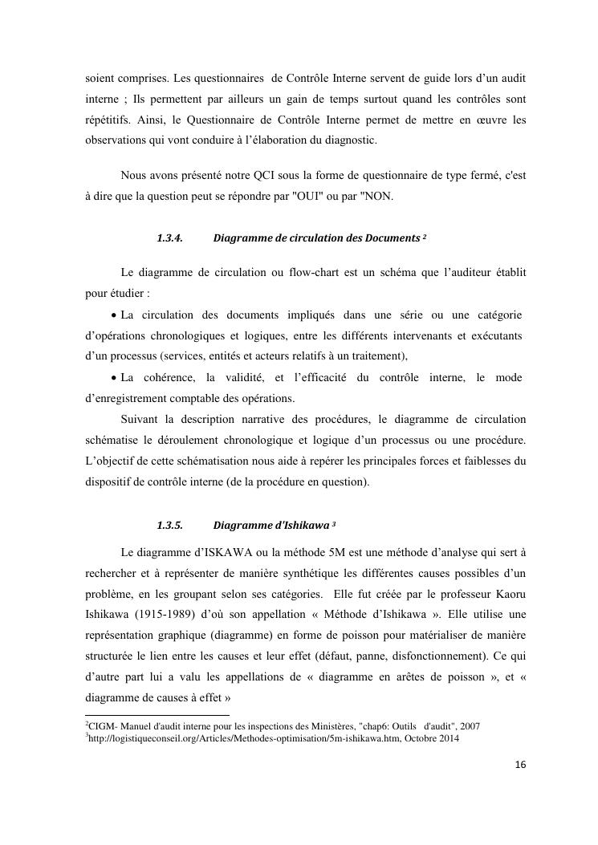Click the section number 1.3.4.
[170, 238]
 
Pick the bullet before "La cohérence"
[113, 378]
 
